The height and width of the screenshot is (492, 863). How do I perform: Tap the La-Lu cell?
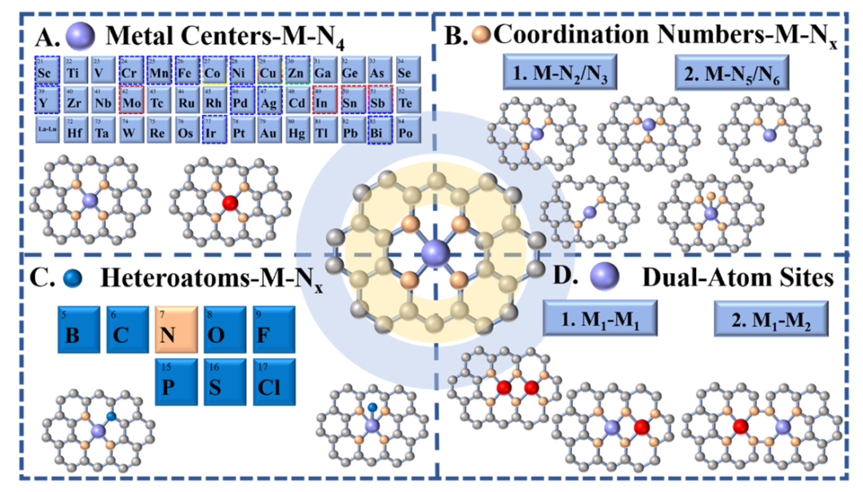[x=46, y=129]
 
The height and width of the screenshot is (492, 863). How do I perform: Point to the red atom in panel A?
[x=230, y=203]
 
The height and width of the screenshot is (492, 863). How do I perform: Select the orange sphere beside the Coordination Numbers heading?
[x=482, y=35]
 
